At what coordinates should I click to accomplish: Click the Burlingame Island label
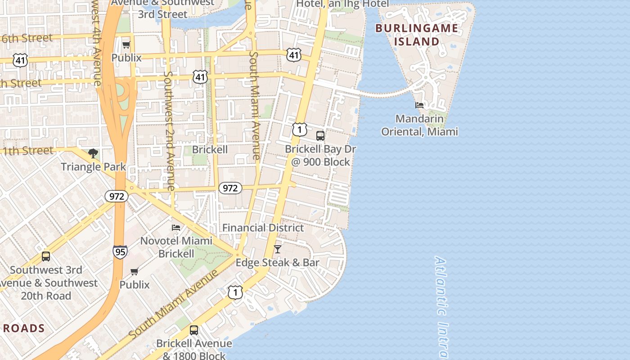(x=417, y=35)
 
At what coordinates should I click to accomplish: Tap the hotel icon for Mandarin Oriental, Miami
(x=419, y=105)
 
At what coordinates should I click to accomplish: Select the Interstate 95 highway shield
(x=120, y=252)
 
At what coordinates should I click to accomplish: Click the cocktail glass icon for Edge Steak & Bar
(x=278, y=249)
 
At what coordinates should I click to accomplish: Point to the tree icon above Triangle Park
(x=93, y=153)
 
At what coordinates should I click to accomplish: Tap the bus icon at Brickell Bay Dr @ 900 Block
(x=320, y=135)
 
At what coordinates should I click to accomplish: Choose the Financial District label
(x=263, y=228)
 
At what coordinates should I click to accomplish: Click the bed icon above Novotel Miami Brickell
(x=176, y=228)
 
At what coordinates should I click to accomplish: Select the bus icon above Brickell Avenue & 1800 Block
(x=194, y=330)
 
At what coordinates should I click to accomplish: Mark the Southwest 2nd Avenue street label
(x=169, y=130)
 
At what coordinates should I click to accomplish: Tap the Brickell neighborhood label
(x=210, y=149)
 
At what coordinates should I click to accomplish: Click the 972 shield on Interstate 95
(x=117, y=196)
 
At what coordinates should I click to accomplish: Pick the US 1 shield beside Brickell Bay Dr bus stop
(x=299, y=130)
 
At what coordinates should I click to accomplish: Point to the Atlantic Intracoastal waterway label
(x=441, y=306)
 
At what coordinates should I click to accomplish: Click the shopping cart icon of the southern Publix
(x=134, y=271)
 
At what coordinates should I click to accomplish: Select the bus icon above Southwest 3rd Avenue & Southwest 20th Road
(x=46, y=256)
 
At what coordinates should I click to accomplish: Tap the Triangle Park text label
(x=94, y=166)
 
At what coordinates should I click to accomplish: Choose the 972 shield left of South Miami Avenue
(x=230, y=188)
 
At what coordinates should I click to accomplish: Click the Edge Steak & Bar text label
(x=278, y=262)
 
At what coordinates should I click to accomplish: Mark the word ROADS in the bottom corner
(x=24, y=328)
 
